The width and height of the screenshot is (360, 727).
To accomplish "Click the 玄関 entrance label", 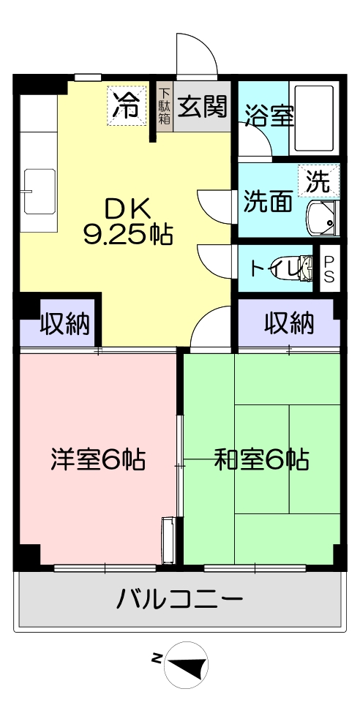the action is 203,107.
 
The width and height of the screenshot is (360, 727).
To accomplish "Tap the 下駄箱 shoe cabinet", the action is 165,106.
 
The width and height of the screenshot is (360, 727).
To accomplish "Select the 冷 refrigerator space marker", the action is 127,106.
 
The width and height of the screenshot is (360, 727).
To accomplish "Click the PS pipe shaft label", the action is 329,268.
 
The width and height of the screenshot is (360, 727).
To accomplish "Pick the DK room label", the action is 127,211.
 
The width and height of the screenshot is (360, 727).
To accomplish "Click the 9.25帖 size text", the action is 128,235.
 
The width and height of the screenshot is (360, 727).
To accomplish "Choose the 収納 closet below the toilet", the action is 288,323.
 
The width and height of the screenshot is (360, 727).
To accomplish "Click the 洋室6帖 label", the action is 98,459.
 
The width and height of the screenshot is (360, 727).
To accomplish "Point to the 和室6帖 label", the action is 261,459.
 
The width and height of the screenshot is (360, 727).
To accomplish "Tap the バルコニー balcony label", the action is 179,600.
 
